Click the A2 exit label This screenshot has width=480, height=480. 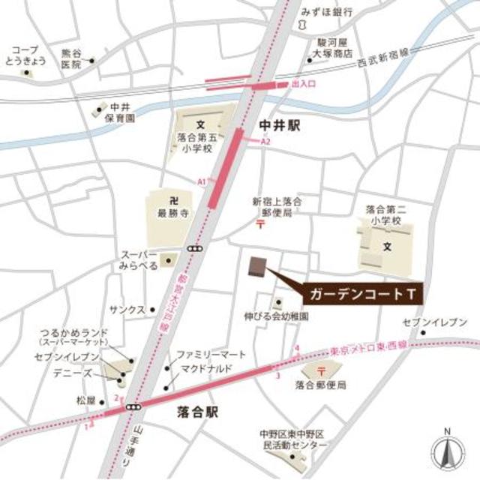[265, 142]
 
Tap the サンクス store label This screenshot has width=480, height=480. [126, 309]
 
